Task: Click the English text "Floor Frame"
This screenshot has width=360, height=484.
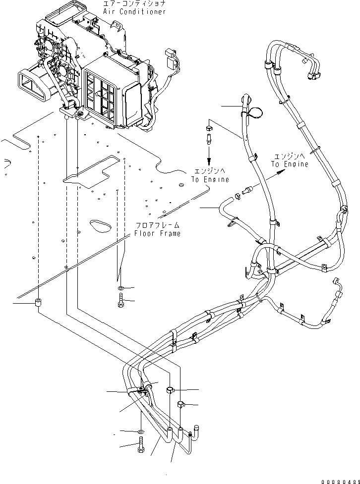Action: [156, 233]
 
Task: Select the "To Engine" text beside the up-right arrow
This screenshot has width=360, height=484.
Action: [289, 164]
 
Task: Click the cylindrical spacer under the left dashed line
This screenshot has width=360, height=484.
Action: [38, 304]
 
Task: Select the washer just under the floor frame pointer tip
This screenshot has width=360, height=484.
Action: [121, 288]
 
